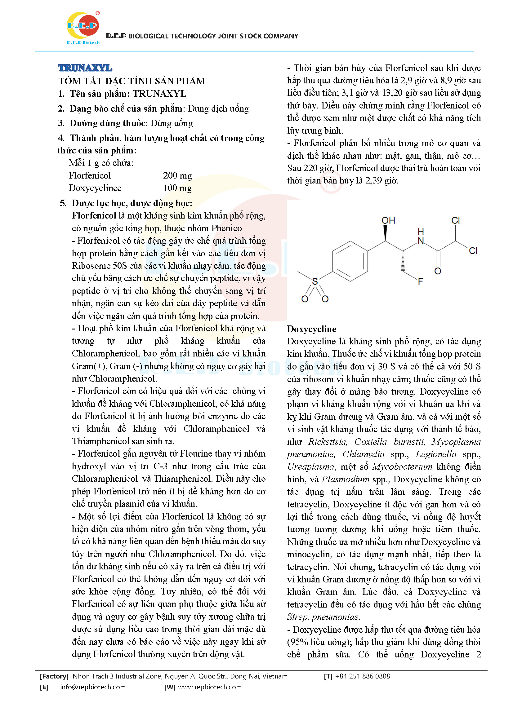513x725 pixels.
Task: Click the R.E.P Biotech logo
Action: coord(83,28)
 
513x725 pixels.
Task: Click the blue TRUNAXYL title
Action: coord(85,68)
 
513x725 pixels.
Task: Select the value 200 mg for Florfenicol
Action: coord(177,175)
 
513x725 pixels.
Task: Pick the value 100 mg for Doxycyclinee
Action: coord(177,188)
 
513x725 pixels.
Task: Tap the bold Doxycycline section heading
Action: coord(311,329)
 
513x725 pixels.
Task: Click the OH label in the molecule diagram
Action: coord(388,220)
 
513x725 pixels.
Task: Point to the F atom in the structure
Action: coord(420,281)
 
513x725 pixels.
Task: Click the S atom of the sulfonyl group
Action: coord(314,281)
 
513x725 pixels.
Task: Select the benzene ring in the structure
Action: coord(350,261)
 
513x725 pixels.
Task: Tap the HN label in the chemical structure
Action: coord(421,237)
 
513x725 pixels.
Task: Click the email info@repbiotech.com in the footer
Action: coord(93,687)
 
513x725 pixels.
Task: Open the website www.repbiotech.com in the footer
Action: coord(210,687)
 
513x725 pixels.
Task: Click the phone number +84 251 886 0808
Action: coord(362,676)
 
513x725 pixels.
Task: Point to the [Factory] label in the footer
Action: coord(54,676)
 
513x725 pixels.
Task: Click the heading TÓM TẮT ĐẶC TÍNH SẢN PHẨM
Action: coord(132,81)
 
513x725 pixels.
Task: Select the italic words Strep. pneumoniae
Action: coord(323,617)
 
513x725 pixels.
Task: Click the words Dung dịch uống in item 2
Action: coord(218,108)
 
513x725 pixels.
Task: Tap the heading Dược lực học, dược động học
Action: coord(132,203)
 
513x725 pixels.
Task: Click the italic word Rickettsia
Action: coord(328,441)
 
